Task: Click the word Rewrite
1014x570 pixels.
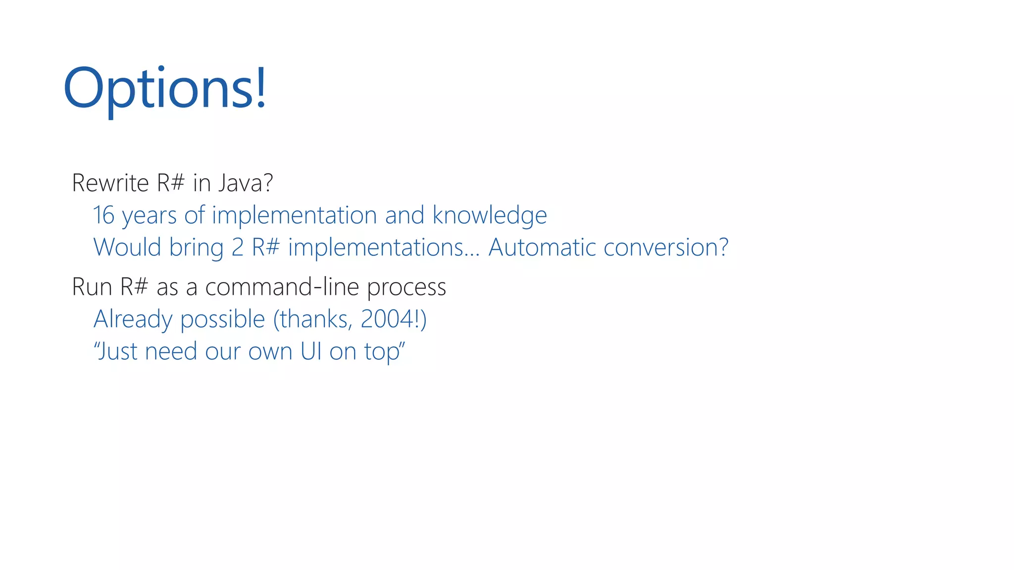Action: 110,183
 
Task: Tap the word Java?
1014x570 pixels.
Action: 246,183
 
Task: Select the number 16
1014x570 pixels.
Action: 104,215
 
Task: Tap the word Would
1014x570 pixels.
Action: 127,247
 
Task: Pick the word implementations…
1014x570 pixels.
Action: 384,247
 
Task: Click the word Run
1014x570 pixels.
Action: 92,287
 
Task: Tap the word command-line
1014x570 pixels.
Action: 282,287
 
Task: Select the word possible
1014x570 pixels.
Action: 223,320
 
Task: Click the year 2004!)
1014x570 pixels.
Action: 393,319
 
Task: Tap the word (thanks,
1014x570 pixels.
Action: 313,320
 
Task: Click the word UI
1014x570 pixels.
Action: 311,351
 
